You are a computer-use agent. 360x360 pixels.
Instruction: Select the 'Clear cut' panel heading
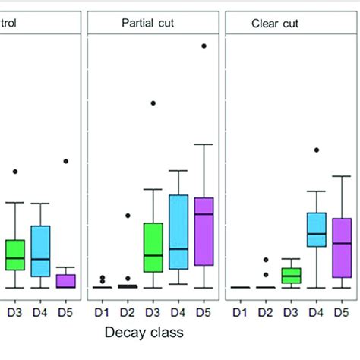(x=275, y=24)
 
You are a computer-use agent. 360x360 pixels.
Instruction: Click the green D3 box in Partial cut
(x=153, y=247)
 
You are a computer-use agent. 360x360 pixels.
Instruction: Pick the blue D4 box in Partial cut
(x=178, y=232)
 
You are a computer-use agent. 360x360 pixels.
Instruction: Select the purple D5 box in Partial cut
(x=204, y=231)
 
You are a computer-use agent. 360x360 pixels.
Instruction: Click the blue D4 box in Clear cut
(x=316, y=229)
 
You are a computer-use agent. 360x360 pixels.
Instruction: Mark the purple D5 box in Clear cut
(x=342, y=248)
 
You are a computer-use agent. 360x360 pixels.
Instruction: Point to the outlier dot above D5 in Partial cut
(x=204, y=46)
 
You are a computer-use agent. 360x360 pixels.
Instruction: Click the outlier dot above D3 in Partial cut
(x=153, y=103)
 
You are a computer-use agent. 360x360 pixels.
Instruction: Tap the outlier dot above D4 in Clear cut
(x=317, y=150)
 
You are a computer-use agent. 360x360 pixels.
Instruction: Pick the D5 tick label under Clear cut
(x=342, y=311)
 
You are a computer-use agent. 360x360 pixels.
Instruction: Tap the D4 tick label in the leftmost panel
(x=40, y=311)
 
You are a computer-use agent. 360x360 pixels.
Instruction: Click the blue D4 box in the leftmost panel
(x=40, y=251)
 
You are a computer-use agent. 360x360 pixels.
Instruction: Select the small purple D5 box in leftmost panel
(x=66, y=281)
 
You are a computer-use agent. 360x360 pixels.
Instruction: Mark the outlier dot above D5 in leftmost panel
(x=66, y=161)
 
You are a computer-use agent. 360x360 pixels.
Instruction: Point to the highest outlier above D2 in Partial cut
(x=128, y=216)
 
